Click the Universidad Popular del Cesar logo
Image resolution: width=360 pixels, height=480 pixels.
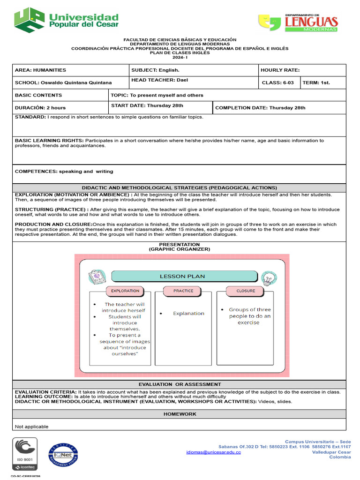tap(66, 20)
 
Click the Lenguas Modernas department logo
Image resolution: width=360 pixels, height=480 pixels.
tap(298, 22)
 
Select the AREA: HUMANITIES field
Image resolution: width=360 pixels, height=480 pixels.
tap(41, 70)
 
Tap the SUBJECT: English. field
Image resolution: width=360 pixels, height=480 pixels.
tap(155, 70)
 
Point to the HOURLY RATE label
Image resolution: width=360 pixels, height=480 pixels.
tap(280, 70)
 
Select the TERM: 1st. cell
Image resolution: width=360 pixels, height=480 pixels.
tap(316, 82)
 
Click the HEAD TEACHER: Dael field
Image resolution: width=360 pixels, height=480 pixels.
tap(159, 80)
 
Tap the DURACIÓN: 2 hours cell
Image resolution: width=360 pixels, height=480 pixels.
tap(40, 108)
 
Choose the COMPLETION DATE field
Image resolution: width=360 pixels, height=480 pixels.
tap(260, 108)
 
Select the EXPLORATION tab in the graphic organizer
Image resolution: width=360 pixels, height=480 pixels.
tap(125, 291)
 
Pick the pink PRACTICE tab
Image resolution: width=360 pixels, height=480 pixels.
tap(183, 291)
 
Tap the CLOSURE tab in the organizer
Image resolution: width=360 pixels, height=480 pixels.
tap(246, 291)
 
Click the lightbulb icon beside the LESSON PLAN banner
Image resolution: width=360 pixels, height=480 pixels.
tap(269, 278)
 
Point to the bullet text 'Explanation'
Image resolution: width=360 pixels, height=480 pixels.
tap(188, 314)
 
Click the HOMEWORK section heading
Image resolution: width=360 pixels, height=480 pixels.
tap(180, 414)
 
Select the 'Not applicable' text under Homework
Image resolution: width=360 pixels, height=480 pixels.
tap(32, 427)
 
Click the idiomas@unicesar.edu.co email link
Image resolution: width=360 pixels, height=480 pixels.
tap(213, 452)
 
